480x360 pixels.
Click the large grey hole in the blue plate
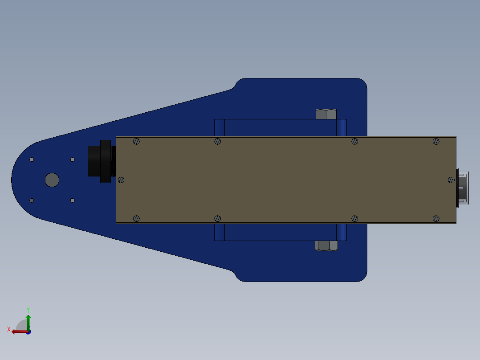(52, 180)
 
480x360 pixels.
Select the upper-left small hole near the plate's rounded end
(32, 160)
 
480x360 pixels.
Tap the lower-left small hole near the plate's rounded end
(32, 200)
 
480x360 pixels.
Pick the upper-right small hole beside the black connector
(73, 160)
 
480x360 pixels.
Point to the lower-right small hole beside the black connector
(73, 200)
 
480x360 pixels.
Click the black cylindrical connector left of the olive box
(102, 161)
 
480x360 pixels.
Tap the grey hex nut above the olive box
(326, 114)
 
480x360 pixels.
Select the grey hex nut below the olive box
(326, 246)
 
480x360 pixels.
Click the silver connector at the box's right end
(463, 188)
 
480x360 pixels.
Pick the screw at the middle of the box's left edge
(121, 180)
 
